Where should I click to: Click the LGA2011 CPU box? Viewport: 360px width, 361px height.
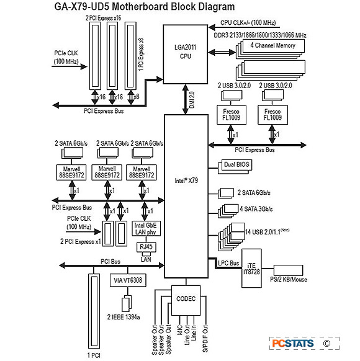[186, 55]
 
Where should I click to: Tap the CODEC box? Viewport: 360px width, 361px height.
[186, 300]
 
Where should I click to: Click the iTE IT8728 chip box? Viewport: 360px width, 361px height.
[251, 268]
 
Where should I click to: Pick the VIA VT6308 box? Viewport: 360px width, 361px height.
[128, 280]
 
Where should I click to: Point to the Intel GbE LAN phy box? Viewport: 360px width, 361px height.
[146, 228]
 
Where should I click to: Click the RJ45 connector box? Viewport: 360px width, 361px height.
[146, 247]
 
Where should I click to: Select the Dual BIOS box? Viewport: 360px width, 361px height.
[236, 164]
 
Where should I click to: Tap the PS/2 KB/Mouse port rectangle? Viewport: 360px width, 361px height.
[288, 270]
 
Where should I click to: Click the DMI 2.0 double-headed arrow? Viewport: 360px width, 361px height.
[186, 99]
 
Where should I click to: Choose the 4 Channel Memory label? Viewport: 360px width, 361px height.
[273, 45]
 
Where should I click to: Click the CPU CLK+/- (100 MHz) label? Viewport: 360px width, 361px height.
[248, 23]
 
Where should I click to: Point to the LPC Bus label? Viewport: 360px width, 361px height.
[228, 263]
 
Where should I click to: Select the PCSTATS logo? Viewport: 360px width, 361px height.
[293, 343]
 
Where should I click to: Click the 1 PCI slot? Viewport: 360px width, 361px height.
[94, 311]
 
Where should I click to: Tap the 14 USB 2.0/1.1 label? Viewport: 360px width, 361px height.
[267, 231]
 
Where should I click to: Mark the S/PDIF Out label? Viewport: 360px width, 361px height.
[205, 339]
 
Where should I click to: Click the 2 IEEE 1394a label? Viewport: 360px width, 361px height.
[124, 317]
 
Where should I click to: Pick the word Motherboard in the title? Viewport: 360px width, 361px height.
[140, 6]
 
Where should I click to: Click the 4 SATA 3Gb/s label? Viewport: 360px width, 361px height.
[256, 209]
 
